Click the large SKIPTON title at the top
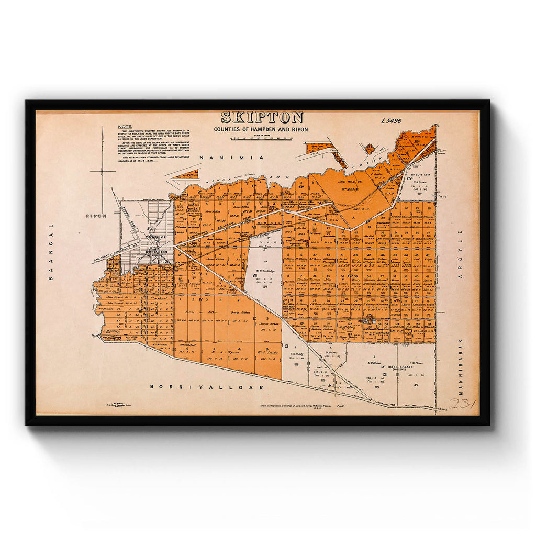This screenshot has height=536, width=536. (x=262, y=118)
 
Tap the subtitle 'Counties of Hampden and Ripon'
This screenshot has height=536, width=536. (x=261, y=129)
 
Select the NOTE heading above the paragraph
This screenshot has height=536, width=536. (x=125, y=127)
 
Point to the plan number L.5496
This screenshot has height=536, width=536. (x=391, y=121)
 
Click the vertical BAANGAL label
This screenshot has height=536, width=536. (x=51, y=252)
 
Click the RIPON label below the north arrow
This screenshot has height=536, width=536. (x=96, y=215)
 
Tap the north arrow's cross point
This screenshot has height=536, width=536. (x=103, y=171)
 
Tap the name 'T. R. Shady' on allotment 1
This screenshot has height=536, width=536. (x=297, y=354)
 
